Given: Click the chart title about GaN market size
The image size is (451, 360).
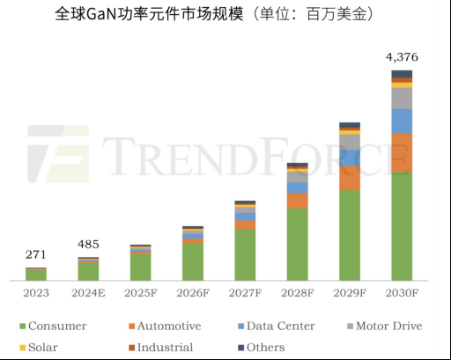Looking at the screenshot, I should (225, 15).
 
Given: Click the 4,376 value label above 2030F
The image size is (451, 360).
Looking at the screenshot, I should (402, 57).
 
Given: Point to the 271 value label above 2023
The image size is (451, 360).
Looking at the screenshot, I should (36, 255).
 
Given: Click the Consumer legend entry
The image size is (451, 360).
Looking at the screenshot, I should (53, 326).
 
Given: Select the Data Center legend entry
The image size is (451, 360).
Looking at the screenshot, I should (274, 326).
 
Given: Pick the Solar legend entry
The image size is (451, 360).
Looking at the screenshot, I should (38, 347).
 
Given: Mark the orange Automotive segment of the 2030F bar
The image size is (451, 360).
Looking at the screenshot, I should (402, 152).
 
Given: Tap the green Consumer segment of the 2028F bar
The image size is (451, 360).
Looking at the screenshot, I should (298, 244).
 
